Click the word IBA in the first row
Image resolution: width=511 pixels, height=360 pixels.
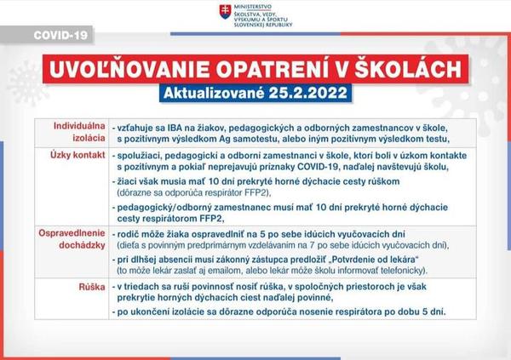pos(179,125)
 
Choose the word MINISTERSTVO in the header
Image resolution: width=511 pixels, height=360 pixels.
pos(256,7)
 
